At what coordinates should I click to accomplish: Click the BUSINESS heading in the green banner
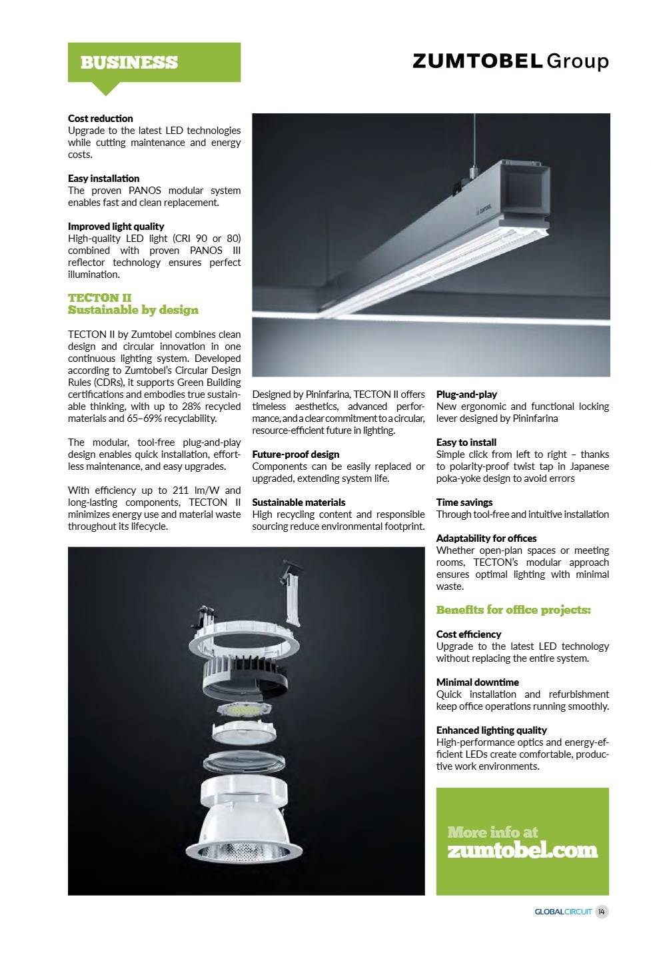click(129, 63)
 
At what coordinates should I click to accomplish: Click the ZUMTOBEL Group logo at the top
click(510, 61)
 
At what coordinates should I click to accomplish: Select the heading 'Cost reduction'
click(101, 119)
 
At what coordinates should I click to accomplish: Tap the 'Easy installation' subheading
click(103, 179)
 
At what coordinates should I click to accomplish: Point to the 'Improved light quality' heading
click(115, 227)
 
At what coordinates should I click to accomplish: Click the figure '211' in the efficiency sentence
click(182, 490)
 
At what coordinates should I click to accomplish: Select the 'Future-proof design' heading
click(295, 455)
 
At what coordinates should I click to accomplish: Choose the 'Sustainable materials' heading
click(299, 502)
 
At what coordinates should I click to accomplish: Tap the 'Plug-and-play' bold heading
click(466, 395)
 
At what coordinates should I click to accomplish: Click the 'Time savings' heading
click(464, 502)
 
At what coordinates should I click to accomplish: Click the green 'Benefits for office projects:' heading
click(513, 610)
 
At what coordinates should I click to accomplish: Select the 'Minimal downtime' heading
click(477, 682)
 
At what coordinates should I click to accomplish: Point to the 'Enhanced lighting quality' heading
click(491, 730)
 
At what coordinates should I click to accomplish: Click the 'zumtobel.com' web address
click(522, 851)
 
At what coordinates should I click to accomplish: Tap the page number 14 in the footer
click(602, 912)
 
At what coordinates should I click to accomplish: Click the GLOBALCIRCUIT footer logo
click(563, 912)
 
